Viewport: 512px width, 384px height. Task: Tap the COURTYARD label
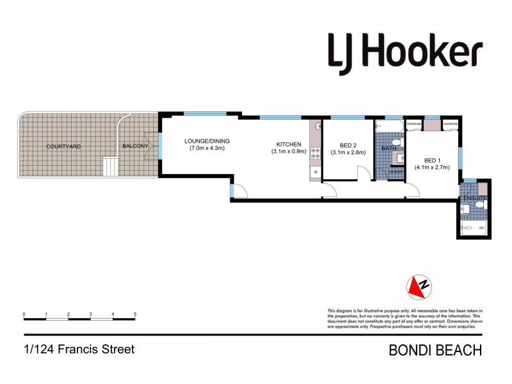coord(63,147)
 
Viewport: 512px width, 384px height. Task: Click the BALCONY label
coord(135,147)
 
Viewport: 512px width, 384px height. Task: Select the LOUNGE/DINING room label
coord(206,141)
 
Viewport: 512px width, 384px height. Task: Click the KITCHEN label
coord(288,144)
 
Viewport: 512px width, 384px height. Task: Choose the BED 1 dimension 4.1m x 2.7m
coord(432,168)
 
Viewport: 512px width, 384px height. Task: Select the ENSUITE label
coord(476,199)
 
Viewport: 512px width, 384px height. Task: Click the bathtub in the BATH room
coord(388,125)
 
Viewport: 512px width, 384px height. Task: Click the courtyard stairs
coord(111,168)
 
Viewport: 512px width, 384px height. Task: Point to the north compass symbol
coord(419,287)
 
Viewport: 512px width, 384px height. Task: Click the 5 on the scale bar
coord(135,314)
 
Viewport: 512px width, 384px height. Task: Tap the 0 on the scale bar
coord(24,314)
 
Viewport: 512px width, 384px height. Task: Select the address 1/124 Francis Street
coord(79,349)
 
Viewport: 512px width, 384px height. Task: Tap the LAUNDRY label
coord(396,172)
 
